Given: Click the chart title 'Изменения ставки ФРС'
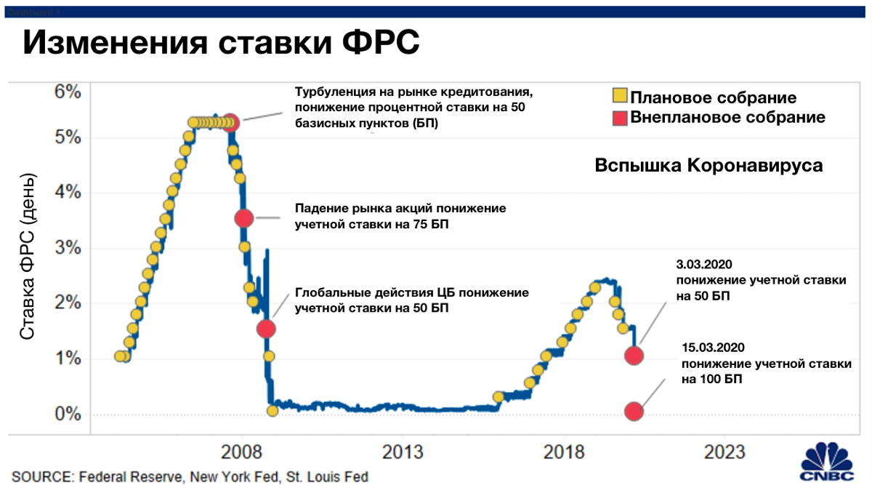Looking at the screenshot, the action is tap(221, 42).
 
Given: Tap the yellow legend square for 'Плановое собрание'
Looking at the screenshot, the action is tap(620, 95).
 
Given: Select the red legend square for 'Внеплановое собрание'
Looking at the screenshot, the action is tap(620, 118).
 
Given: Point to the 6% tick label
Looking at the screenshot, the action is tap(68, 92).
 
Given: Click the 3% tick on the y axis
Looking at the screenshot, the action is tap(68, 247).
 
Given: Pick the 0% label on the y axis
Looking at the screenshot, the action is tap(68, 414).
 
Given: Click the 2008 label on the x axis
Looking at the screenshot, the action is tap(241, 452).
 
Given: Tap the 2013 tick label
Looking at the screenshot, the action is tap(403, 452).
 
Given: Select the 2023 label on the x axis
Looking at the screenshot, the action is tap(724, 452).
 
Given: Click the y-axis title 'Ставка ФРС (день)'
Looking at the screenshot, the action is tap(28, 257).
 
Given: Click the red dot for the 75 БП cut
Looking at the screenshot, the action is tap(244, 218).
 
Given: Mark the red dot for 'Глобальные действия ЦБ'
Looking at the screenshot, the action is tap(266, 329).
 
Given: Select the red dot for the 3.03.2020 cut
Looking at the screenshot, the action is tap(634, 356).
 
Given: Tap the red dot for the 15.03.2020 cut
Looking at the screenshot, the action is tap(634, 412).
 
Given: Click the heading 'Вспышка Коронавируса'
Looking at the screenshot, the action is tap(708, 166).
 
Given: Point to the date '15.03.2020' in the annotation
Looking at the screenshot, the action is tap(713, 348).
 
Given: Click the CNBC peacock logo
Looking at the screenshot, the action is tap(827, 462).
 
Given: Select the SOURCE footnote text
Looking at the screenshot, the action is tap(190, 477).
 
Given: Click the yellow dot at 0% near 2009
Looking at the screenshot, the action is tap(272, 411).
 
